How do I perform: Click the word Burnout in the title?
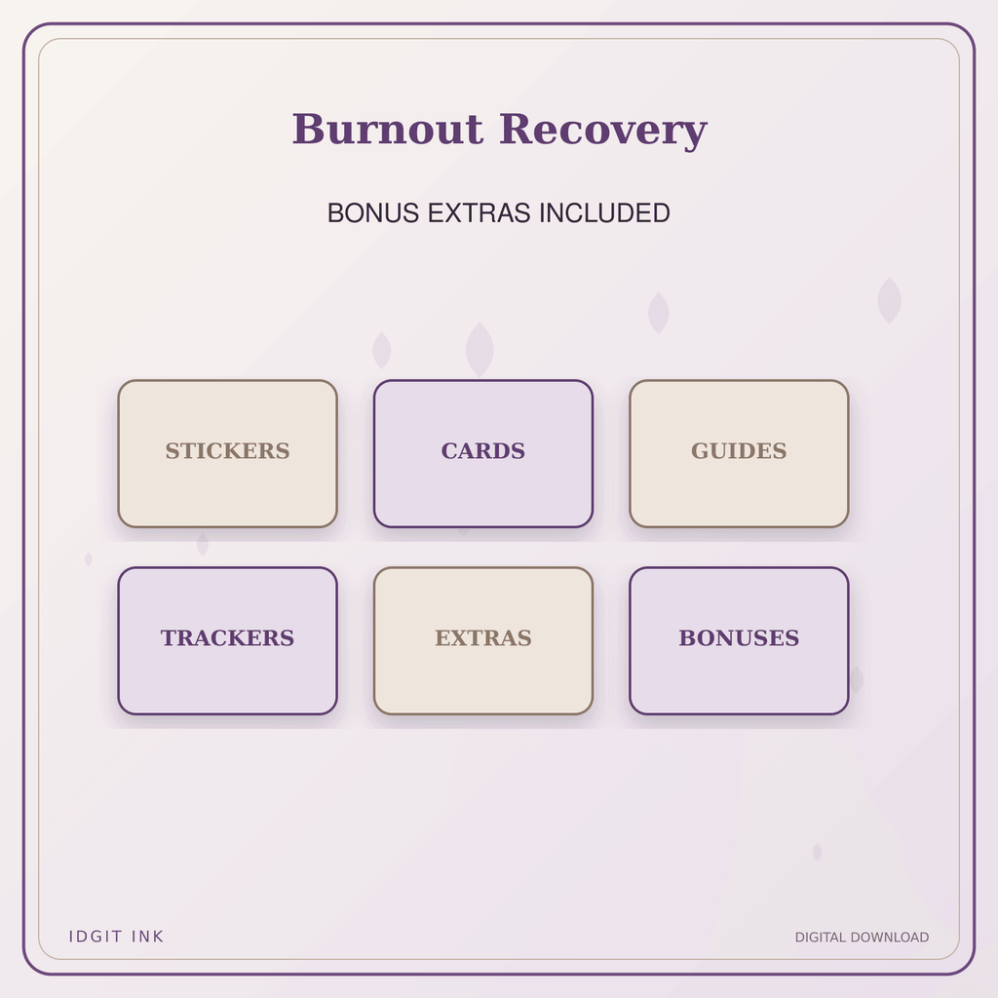coord(388,130)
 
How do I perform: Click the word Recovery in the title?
coord(603,132)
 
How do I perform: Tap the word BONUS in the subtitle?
coord(373,213)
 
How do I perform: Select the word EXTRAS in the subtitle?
coord(480,213)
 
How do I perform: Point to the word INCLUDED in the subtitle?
coord(604,213)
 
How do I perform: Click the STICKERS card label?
coord(227,450)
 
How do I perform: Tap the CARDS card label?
coord(483,450)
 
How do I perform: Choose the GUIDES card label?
coord(739,450)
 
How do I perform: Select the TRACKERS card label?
coord(227,637)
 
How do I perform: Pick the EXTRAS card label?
coord(483,637)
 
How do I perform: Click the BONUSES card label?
coord(739,637)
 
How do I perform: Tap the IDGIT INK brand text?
coord(116,937)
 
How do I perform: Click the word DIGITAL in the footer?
coord(821,937)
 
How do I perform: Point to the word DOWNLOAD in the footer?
coord(889,937)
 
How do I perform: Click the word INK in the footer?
coord(147,937)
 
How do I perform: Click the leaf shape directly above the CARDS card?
coord(480,350)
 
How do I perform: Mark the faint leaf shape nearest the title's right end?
coord(659,313)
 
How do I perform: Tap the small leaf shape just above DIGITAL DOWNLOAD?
coord(817,852)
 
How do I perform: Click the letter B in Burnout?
coord(308,130)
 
